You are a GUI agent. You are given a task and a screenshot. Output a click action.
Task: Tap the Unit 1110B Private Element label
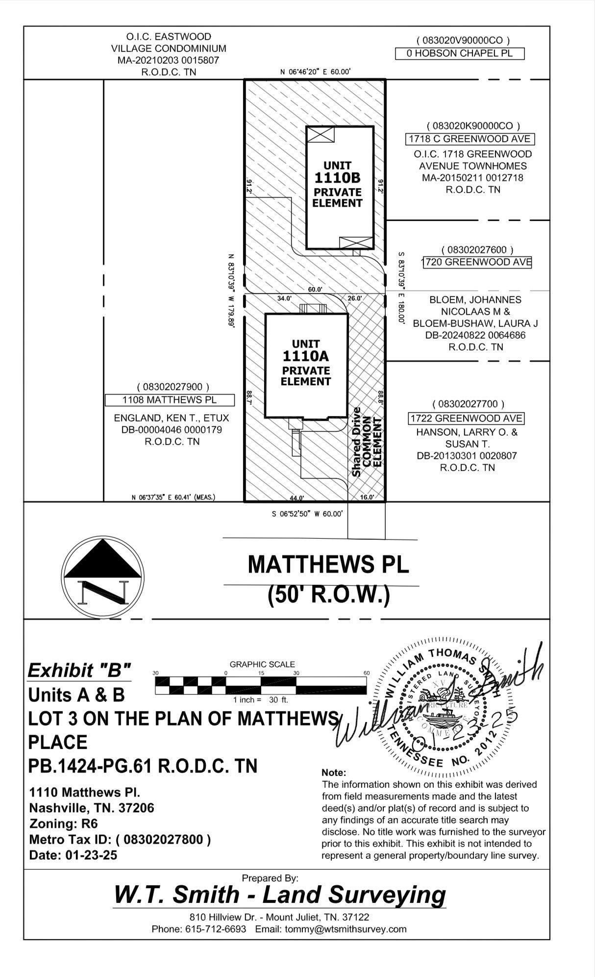click(338, 184)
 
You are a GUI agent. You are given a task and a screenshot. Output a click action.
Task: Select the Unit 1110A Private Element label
click(306, 363)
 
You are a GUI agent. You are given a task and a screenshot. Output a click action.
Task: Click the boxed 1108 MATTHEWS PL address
click(169, 400)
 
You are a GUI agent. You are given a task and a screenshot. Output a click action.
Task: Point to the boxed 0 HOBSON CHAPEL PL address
click(459, 53)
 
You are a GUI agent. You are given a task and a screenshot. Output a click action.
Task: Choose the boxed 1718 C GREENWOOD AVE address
click(470, 139)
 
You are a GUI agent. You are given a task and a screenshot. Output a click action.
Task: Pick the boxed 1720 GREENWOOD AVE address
click(477, 262)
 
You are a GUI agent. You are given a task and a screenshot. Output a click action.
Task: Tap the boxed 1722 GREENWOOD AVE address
click(466, 419)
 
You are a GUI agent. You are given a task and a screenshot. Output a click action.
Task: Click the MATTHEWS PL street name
click(328, 564)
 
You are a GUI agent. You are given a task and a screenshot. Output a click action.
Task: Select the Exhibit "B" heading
click(79, 670)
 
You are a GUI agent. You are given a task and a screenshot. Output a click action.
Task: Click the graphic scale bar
click(261, 685)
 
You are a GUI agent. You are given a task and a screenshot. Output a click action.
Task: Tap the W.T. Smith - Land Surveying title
click(280, 895)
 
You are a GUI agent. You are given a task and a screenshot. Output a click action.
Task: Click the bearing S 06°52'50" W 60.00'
click(307, 514)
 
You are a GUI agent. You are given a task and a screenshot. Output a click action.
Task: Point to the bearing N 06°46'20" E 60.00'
click(315, 72)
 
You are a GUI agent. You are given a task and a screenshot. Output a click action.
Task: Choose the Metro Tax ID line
click(120, 840)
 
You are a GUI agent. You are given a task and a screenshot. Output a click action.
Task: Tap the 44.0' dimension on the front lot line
click(297, 498)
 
